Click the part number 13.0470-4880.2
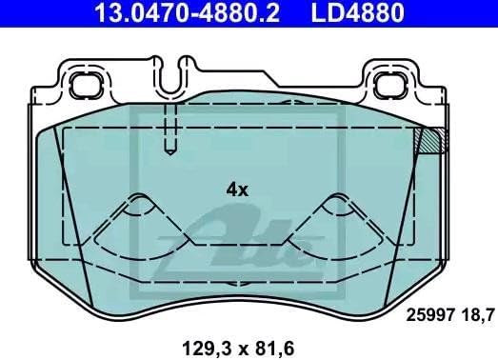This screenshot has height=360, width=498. click(187, 13)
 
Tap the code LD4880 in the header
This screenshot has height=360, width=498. click(358, 13)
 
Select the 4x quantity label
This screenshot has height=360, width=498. click(237, 190)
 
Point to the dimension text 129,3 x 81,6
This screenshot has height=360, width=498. click(238, 349)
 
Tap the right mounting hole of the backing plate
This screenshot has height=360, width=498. click(390, 85)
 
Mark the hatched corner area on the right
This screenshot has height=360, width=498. click(430, 140)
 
